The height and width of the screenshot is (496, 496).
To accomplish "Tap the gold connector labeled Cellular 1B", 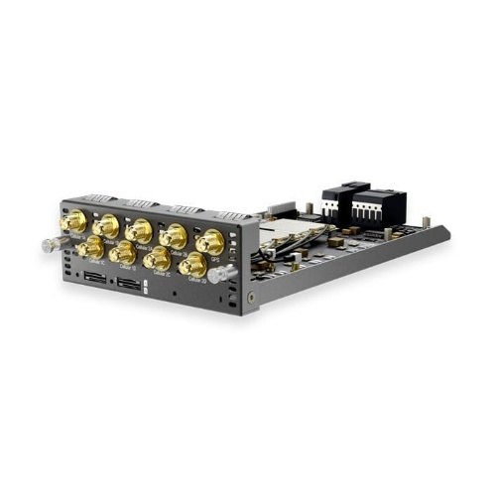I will click(x=106, y=226).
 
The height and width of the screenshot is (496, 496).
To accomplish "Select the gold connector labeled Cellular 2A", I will click(x=139, y=230).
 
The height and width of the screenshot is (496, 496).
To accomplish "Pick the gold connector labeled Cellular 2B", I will click(x=174, y=235).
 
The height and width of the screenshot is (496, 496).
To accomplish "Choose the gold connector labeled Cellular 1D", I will click(x=123, y=252).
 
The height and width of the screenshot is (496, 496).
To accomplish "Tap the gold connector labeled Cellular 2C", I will click(x=158, y=258).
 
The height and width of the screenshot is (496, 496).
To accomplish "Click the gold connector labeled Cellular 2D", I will click(x=192, y=264).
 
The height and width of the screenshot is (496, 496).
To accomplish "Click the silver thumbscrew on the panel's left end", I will click(x=47, y=245).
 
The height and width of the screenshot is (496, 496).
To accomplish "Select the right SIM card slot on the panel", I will click(x=129, y=285).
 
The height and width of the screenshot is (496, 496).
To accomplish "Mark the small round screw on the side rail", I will click(x=255, y=297).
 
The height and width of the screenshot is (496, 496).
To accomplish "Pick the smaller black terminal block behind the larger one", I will click(x=337, y=195).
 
